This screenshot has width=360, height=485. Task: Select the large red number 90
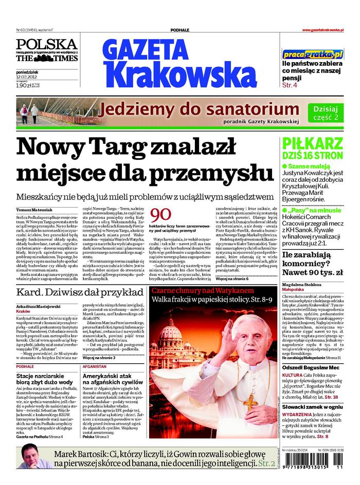[163, 215]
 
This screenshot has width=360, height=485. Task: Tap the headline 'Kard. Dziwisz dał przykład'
[80, 293]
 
